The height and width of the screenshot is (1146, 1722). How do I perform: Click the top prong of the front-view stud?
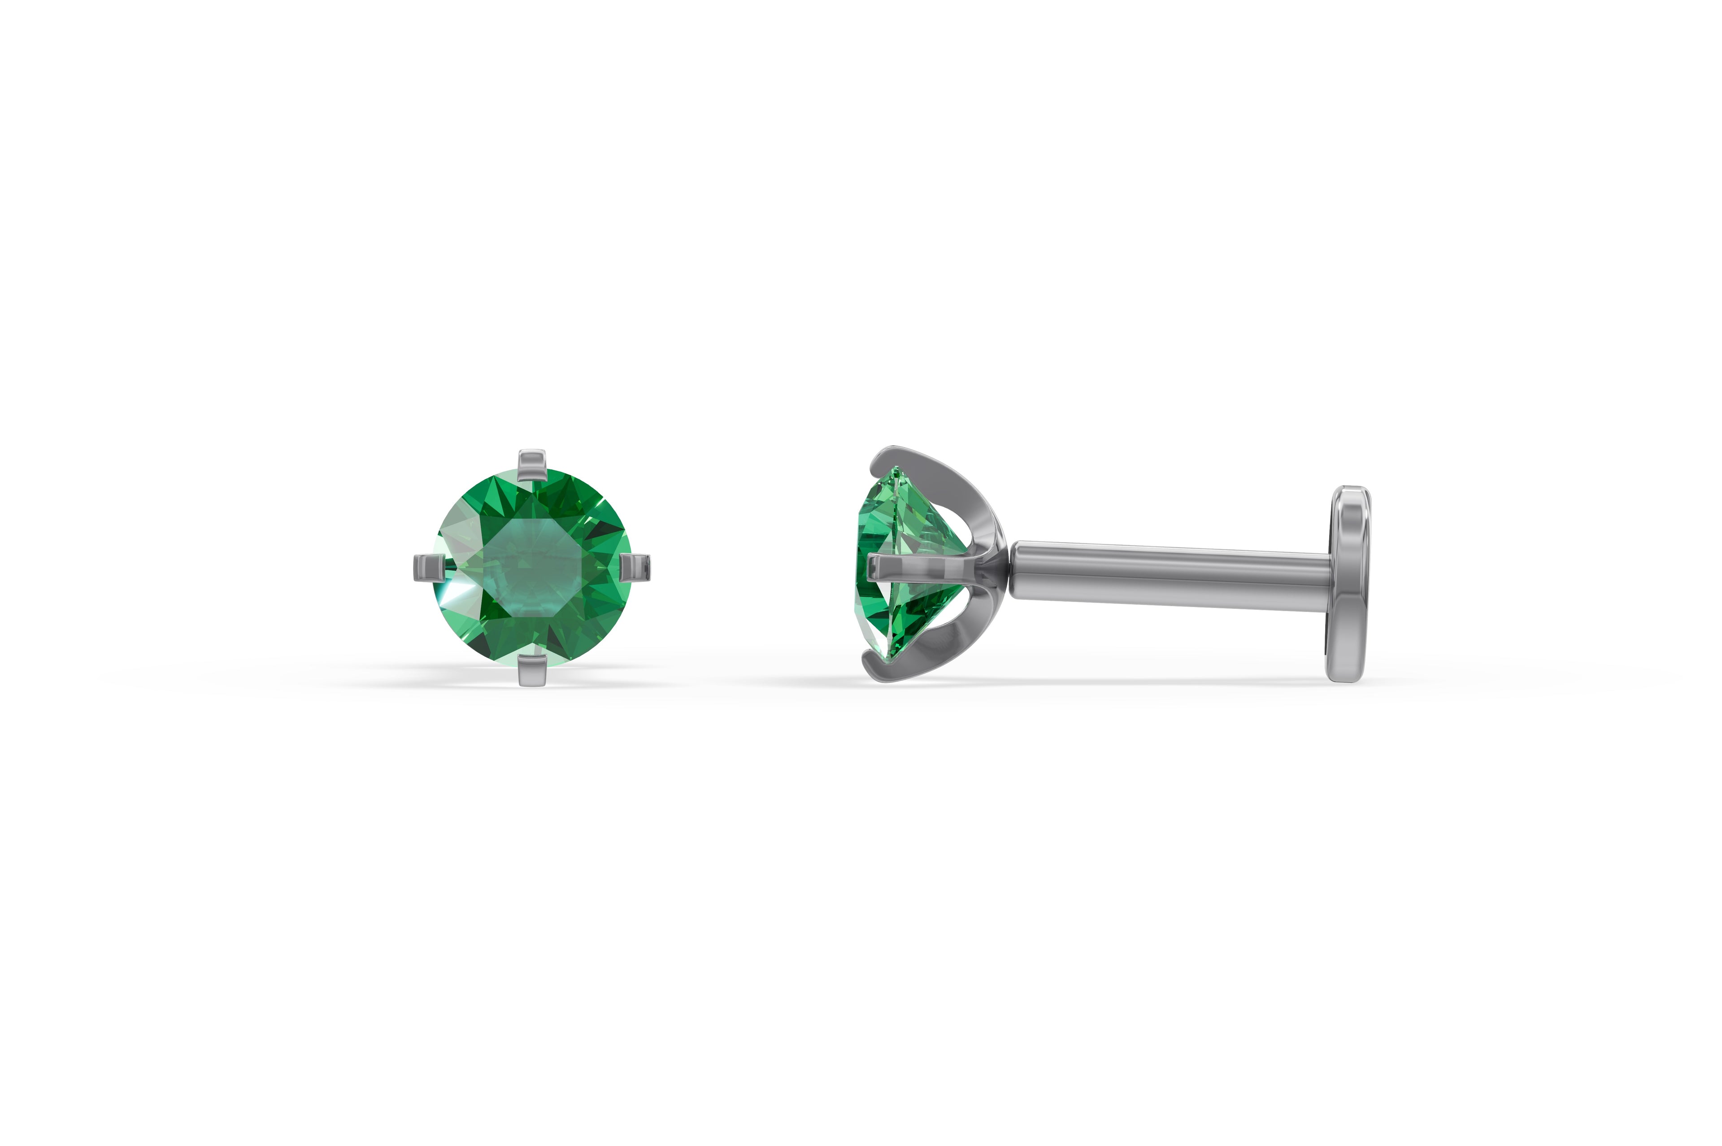point(531,465)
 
